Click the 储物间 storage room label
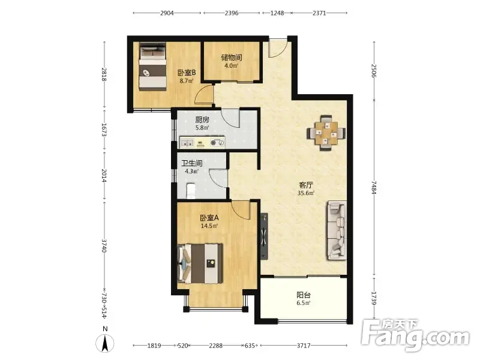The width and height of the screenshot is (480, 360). (x=232, y=57)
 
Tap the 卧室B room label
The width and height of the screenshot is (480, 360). (x=187, y=73)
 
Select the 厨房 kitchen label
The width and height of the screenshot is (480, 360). (x=202, y=119)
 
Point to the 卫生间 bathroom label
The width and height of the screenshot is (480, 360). (x=191, y=163)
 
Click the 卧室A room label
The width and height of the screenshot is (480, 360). (x=209, y=218)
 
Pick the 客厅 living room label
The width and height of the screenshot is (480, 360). (x=306, y=185)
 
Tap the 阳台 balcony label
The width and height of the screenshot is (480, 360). (x=304, y=295)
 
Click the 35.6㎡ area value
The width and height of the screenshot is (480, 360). (x=306, y=193)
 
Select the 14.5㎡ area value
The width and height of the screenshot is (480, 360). (x=209, y=226)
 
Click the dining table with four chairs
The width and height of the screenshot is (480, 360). (x=326, y=133)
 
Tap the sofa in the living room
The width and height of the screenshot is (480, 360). (x=337, y=230)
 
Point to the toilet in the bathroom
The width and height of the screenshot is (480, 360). (x=190, y=191)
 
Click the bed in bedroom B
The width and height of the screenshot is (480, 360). (x=153, y=67)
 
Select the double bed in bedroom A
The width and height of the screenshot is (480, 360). (x=200, y=263)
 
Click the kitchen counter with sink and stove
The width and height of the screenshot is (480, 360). (x=202, y=142)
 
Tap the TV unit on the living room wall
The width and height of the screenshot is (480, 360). (x=264, y=236)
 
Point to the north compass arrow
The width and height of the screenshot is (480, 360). (x=105, y=343)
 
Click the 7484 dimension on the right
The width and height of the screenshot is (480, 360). (x=374, y=187)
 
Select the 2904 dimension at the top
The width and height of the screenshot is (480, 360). (x=167, y=13)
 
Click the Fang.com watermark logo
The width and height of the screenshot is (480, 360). (x=415, y=335)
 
